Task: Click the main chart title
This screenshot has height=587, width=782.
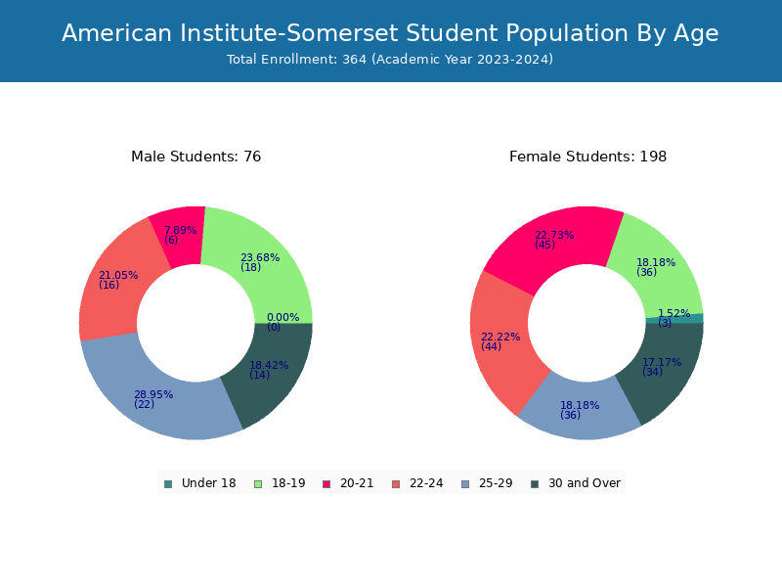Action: coord(390,33)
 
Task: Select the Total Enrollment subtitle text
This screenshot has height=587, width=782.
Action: coord(390,60)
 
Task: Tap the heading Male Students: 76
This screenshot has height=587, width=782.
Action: coord(196,157)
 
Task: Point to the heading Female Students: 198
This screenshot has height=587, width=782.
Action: coord(588,157)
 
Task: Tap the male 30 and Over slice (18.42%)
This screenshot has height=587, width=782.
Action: coord(272,372)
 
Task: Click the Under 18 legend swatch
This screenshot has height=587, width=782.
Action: coord(168,484)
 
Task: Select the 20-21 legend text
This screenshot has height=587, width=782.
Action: coord(357,483)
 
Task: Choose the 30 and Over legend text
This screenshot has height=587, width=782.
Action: coord(585,483)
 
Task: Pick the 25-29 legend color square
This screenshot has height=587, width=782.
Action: coord(465,484)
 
